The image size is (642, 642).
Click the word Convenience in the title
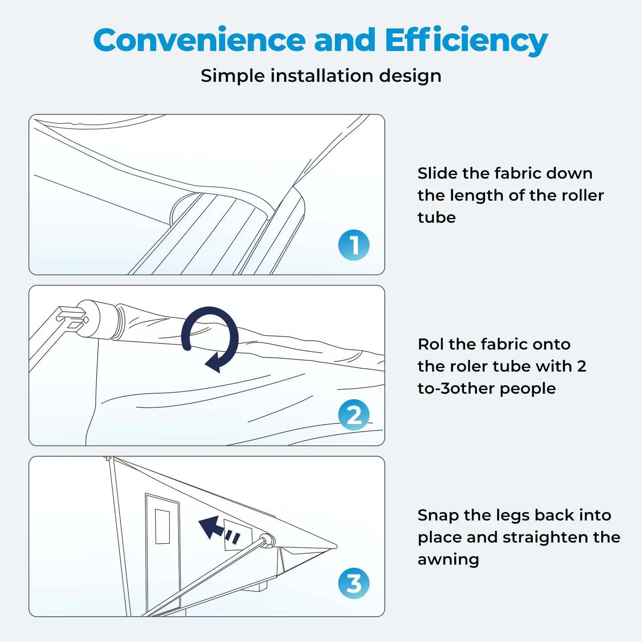(199, 40)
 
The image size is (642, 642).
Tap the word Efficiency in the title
(467, 40)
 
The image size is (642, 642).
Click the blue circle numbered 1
(354, 245)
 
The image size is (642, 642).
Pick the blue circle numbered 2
(354, 415)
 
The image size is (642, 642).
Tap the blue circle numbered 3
(354, 583)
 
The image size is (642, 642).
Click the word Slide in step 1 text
(436, 173)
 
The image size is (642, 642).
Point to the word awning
(448, 560)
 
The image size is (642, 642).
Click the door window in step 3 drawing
(162, 527)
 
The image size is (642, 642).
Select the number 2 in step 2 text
(582, 367)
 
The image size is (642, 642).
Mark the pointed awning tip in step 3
(336, 546)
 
